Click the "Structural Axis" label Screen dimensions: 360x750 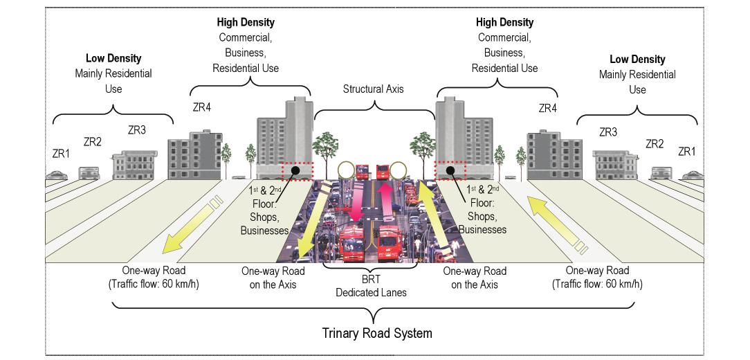(374, 89)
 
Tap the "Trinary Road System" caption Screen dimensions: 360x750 (377, 333)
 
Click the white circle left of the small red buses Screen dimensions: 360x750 (345, 170)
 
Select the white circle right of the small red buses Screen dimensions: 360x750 (397, 170)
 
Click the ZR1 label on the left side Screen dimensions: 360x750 (62, 153)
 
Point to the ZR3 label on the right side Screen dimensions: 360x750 (608, 132)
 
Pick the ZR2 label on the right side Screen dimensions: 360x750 (655, 144)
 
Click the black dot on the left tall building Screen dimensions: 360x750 (295, 170)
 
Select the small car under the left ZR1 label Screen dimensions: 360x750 (57, 176)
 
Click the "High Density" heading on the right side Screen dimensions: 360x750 (504, 23)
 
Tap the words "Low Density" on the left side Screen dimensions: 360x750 (113, 59)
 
